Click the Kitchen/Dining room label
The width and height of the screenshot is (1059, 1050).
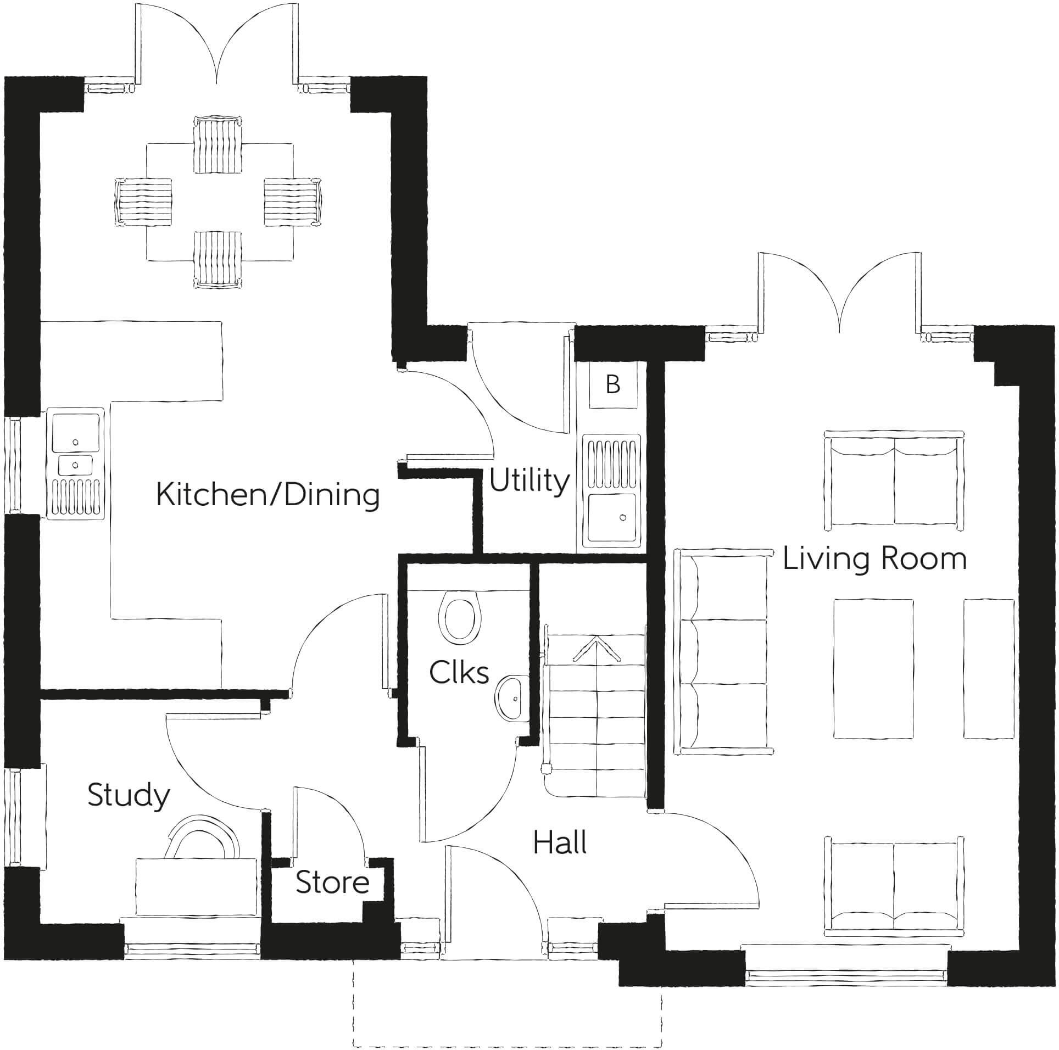[268, 495]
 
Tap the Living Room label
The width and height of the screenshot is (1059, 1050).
[874, 559]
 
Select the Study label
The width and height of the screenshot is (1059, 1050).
[129, 796]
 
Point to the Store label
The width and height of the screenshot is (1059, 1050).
[332, 883]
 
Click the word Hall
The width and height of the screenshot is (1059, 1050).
[560, 842]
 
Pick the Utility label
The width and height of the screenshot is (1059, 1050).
[529, 481]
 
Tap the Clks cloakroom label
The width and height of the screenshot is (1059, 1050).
[459, 673]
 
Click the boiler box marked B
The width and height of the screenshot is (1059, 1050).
[612, 385]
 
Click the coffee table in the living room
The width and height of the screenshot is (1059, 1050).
[873, 669]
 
